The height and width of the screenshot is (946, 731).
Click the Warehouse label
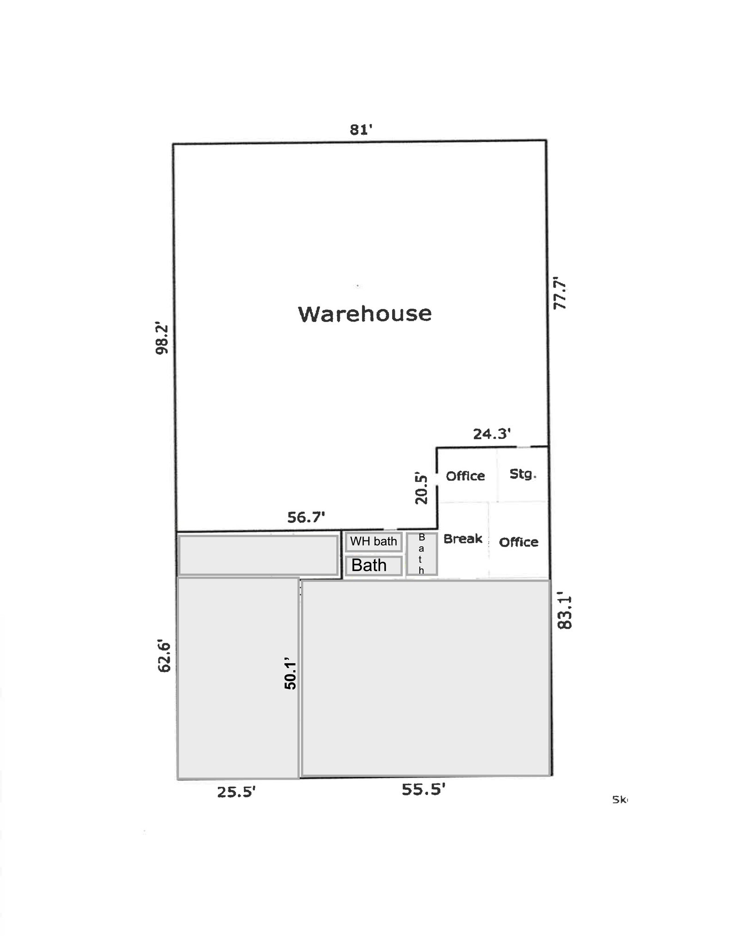tap(365, 314)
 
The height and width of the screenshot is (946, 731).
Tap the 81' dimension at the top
tap(361, 130)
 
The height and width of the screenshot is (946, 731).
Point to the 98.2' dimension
tap(162, 338)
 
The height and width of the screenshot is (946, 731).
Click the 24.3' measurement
tap(492, 434)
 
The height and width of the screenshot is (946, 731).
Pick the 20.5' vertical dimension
tap(421, 488)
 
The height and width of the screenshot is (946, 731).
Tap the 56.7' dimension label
tap(306, 517)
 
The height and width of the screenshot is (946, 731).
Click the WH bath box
tap(374, 541)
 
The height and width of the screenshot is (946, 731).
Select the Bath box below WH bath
tap(374, 565)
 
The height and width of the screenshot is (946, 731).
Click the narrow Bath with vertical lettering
tap(422, 554)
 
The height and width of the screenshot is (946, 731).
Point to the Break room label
tap(463, 539)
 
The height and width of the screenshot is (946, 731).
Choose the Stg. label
tap(523, 474)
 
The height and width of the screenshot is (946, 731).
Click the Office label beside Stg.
tap(465, 476)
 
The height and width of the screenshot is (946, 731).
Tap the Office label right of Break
tap(519, 542)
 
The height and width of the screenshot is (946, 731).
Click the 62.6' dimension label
tap(164, 656)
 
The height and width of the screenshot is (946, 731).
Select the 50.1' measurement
tap(290, 673)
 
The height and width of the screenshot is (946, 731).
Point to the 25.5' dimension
tap(236, 792)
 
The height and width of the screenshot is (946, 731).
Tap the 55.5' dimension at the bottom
tap(423, 789)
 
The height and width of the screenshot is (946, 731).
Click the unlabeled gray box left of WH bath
tap(258, 555)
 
